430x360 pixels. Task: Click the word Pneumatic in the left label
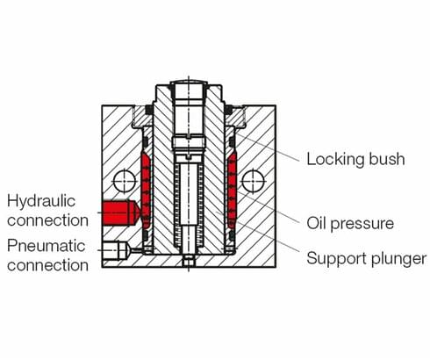[x=45, y=245]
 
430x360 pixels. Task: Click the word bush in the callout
[x=387, y=160]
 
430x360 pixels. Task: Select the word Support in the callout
[x=337, y=258]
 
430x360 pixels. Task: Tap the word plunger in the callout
[x=398, y=259]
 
